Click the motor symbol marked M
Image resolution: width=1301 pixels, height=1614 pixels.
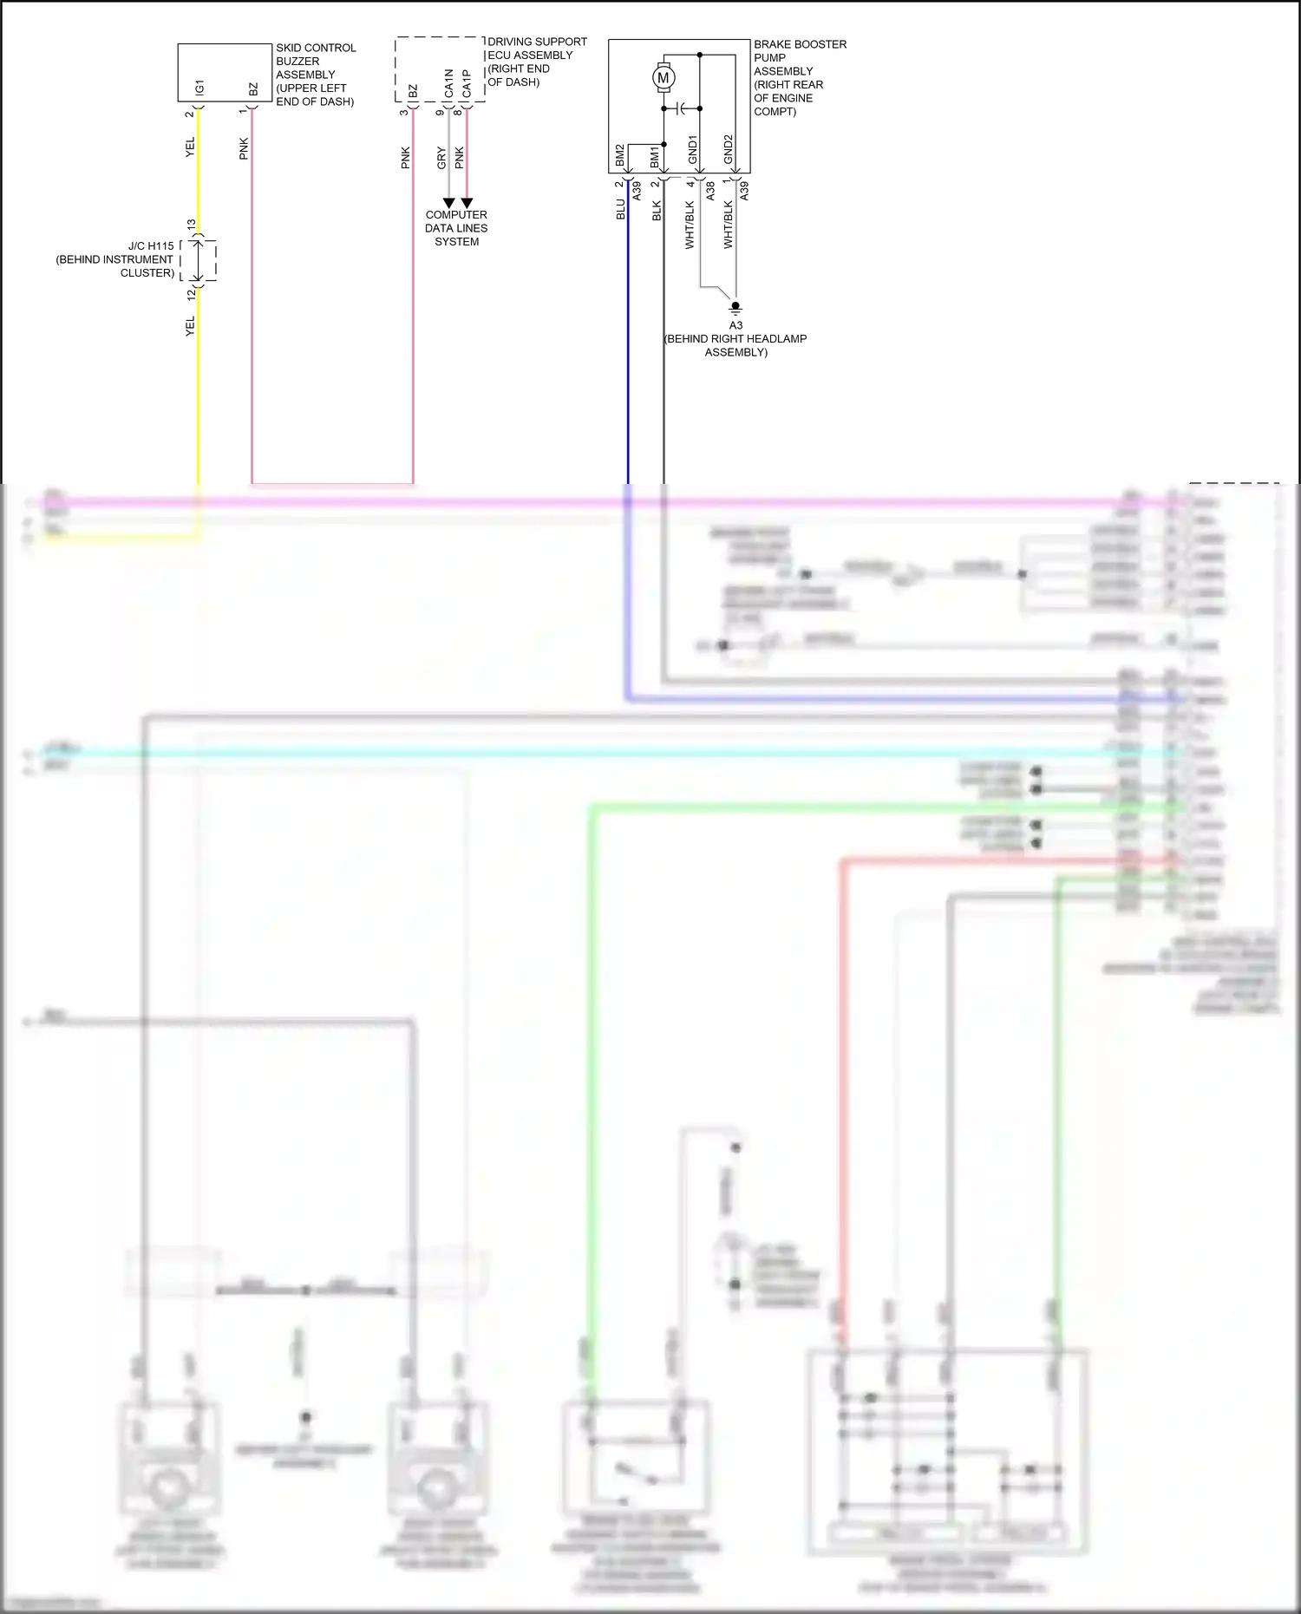[664, 78]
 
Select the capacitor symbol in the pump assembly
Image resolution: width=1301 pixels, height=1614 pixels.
[683, 108]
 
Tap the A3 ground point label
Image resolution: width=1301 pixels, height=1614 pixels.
[735, 325]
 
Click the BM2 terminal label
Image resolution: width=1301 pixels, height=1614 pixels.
[620, 156]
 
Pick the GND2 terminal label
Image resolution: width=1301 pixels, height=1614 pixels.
[729, 149]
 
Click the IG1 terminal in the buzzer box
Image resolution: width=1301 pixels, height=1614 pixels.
[200, 88]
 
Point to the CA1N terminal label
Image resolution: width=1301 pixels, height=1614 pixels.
[448, 83]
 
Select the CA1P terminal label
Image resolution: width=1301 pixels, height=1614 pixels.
[467, 83]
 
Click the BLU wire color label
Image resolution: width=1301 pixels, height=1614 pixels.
[621, 209]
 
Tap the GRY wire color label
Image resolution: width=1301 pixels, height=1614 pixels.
[441, 158]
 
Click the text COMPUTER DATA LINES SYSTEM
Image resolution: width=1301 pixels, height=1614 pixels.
[456, 228]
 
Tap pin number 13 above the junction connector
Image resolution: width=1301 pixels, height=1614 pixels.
[191, 225]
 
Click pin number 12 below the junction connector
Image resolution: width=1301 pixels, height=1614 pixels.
[191, 294]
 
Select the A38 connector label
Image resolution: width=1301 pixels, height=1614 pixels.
[710, 191]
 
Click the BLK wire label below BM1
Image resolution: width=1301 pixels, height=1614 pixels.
[657, 211]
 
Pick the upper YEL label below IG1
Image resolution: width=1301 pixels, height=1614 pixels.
[191, 147]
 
